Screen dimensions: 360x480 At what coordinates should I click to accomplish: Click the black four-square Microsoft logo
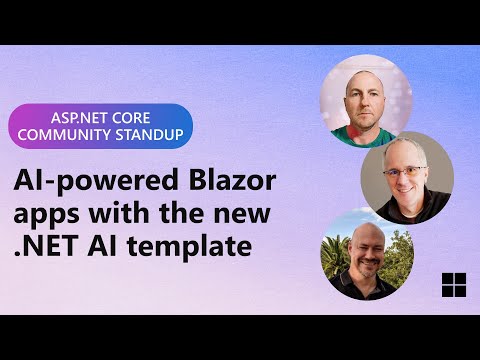click(x=453, y=284)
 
